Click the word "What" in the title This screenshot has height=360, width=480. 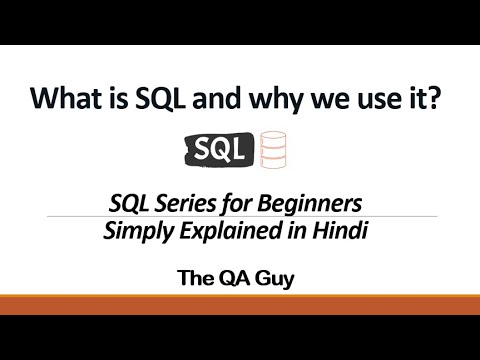tap(64, 101)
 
